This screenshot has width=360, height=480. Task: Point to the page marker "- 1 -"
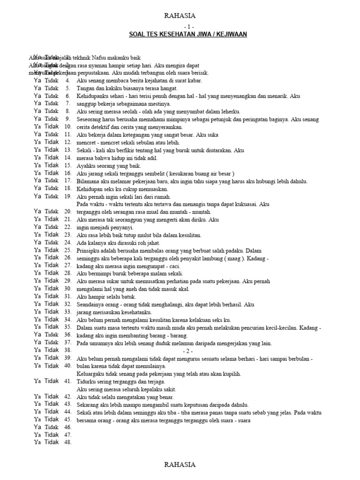[x=180, y=26]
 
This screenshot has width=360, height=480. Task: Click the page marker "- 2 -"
[x=187, y=351]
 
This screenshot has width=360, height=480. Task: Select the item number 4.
[x=67, y=81]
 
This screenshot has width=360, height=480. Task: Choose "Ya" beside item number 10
[x=37, y=127]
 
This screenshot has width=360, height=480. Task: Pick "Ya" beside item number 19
[x=37, y=196]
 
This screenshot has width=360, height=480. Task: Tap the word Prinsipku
[x=88, y=251]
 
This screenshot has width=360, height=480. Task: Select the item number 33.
[x=67, y=312]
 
